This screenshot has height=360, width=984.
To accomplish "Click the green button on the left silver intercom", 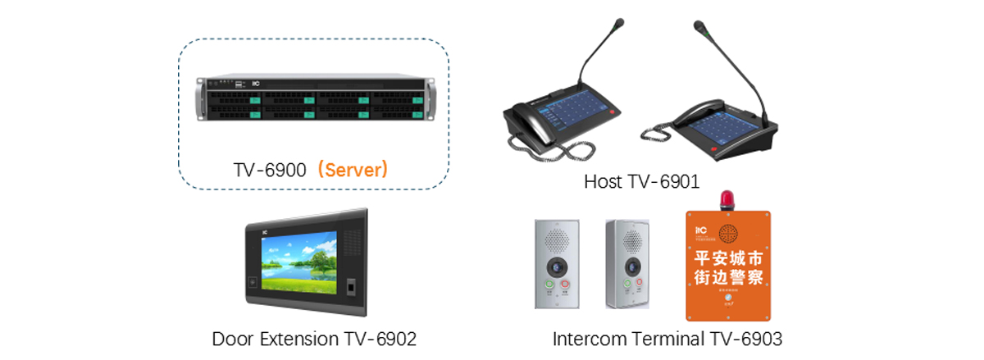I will point(549,285).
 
